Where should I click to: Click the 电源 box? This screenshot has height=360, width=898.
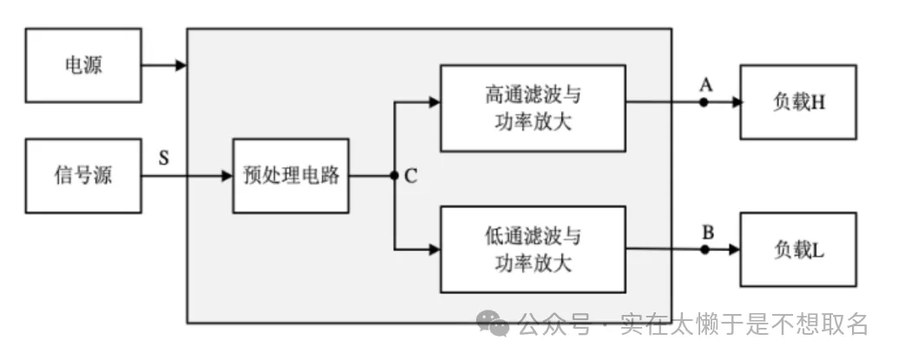click(x=83, y=65)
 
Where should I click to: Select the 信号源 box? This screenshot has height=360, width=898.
click(x=83, y=176)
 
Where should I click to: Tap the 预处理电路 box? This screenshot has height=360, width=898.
click(x=291, y=176)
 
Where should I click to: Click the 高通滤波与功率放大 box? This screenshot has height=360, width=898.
click(x=533, y=107)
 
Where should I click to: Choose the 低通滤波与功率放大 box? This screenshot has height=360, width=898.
click(x=533, y=249)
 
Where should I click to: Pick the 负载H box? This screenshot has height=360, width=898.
click(x=798, y=102)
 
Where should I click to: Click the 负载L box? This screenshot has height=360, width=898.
click(x=798, y=250)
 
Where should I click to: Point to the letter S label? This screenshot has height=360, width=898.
click(x=164, y=158)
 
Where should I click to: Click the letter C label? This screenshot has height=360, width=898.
click(x=410, y=177)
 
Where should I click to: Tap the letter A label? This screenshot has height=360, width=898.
click(x=705, y=84)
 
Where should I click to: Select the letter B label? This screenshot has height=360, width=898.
click(x=707, y=232)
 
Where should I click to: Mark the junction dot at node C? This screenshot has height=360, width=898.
click(x=395, y=176)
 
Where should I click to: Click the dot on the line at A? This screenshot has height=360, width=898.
click(x=705, y=102)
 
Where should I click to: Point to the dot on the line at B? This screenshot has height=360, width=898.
click(x=705, y=250)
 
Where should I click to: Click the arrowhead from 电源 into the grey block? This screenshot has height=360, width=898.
click(x=180, y=65)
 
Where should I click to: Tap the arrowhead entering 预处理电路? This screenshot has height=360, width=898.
click(x=226, y=176)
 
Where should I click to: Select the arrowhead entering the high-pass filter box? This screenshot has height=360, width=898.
click(x=434, y=102)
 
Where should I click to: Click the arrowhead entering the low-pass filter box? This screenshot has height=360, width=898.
click(x=434, y=250)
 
